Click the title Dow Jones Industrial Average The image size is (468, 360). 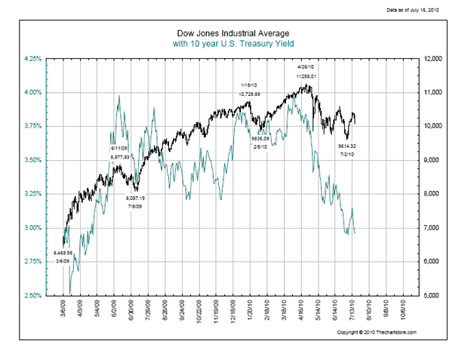(234, 34)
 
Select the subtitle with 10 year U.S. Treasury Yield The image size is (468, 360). (234, 44)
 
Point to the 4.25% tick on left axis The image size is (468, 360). (34, 58)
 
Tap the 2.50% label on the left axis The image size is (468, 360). (34, 295)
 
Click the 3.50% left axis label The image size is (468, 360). (34, 160)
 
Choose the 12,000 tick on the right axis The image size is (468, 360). (436, 58)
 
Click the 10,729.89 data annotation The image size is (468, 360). (249, 94)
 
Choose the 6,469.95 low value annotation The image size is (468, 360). (63, 253)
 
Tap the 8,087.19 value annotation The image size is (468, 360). (136, 198)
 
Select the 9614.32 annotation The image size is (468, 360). (347, 146)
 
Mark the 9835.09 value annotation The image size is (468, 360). (260, 138)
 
